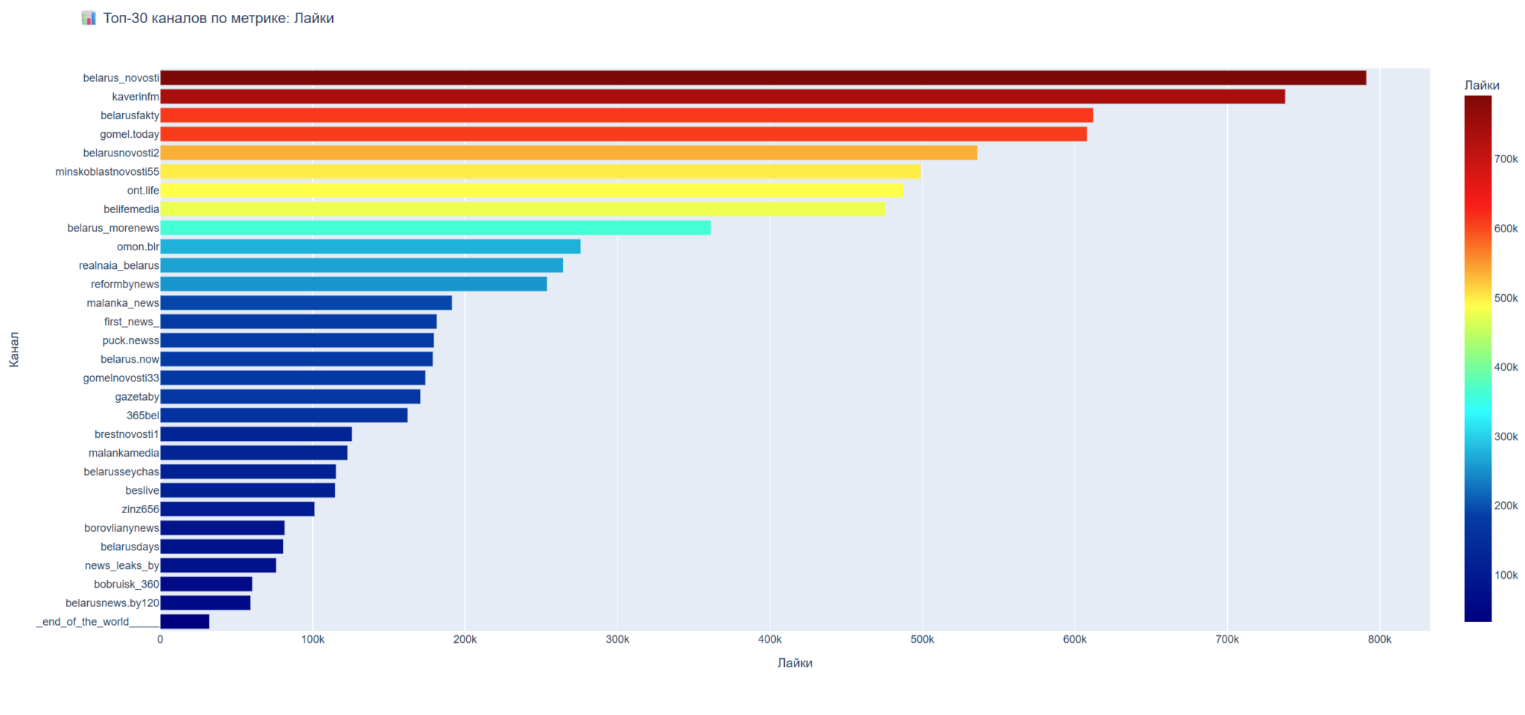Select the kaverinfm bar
[x=722, y=96]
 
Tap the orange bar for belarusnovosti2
[x=568, y=153]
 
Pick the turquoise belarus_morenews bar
[x=435, y=228]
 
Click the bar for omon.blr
[x=370, y=247]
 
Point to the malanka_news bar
[x=306, y=303]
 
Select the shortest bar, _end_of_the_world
[x=185, y=622]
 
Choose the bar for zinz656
[x=237, y=509]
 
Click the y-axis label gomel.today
[x=130, y=134]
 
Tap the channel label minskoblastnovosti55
[x=107, y=172]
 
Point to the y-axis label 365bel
[x=142, y=416]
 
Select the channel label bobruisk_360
[x=127, y=585]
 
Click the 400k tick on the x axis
[x=769, y=640]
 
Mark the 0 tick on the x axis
[x=160, y=640]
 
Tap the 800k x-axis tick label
[x=1379, y=640]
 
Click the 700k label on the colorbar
[x=1506, y=159]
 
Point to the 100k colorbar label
[x=1506, y=575]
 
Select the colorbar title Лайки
[x=1482, y=86]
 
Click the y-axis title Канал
[x=14, y=349]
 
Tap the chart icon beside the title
[x=89, y=18]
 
